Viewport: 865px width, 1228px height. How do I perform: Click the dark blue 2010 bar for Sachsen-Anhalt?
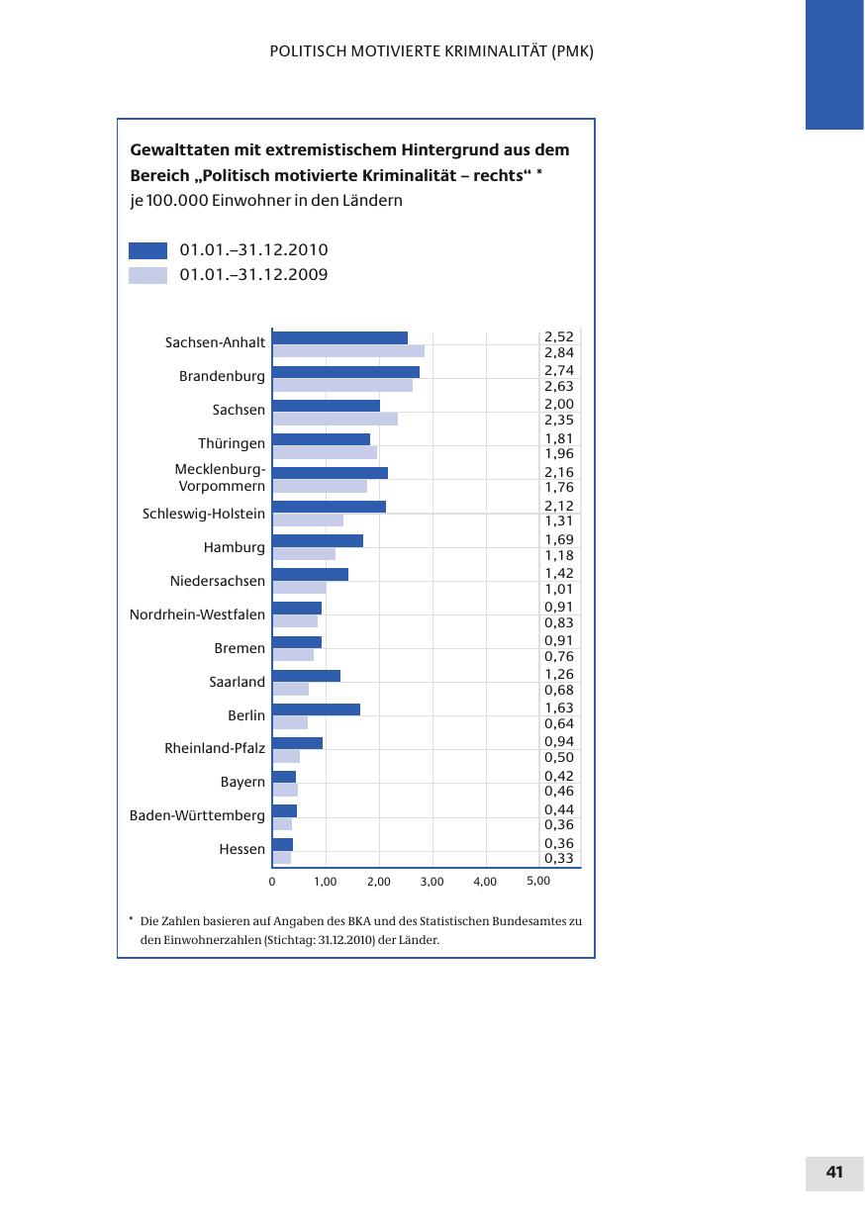339,337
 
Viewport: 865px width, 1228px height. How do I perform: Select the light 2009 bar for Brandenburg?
341,386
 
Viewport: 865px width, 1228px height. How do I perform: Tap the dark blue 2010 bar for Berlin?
316,708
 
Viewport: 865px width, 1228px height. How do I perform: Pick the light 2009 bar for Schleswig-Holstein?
307,520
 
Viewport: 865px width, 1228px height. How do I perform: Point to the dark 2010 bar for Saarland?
306,675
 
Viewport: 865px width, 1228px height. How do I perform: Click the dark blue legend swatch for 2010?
147,250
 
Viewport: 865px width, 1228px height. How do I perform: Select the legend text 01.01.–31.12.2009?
253,275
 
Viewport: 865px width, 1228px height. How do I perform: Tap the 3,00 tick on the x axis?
432,882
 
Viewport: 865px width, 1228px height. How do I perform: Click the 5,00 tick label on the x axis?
537,881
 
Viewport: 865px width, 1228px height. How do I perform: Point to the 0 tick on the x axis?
272,882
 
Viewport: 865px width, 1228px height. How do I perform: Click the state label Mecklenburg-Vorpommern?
220,478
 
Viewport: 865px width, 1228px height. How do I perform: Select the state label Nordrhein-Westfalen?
197,614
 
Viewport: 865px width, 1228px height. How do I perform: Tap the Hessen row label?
241,849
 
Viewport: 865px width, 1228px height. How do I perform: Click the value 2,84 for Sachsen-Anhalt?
559,352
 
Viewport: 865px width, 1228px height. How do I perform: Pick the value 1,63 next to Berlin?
559,708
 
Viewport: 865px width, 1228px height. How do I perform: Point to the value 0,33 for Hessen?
559,858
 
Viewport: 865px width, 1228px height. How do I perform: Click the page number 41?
834,1173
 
